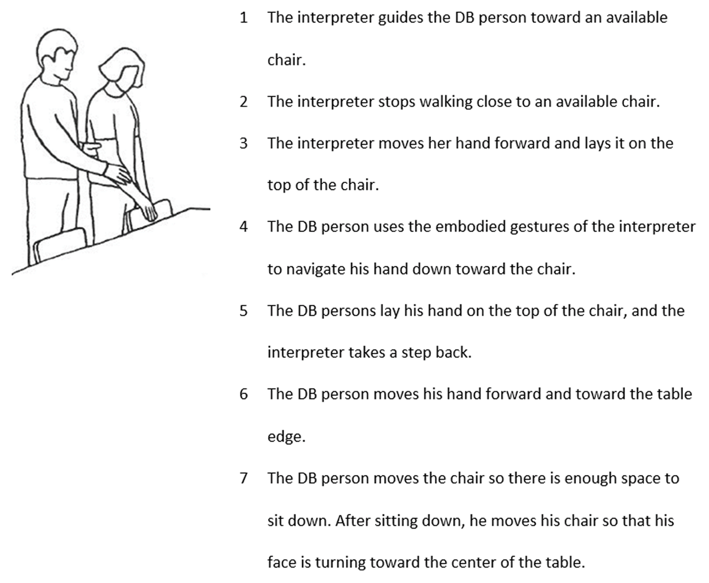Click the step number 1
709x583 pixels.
pyautogui.click(x=244, y=18)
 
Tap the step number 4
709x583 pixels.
pyautogui.click(x=244, y=227)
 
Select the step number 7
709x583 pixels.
pyautogui.click(x=244, y=478)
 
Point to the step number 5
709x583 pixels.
pyautogui.click(x=244, y=311)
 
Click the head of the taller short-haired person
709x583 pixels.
pyautogui.click(x=57, y=54)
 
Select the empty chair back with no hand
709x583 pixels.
pyautogui.click(x=60, y=244)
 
